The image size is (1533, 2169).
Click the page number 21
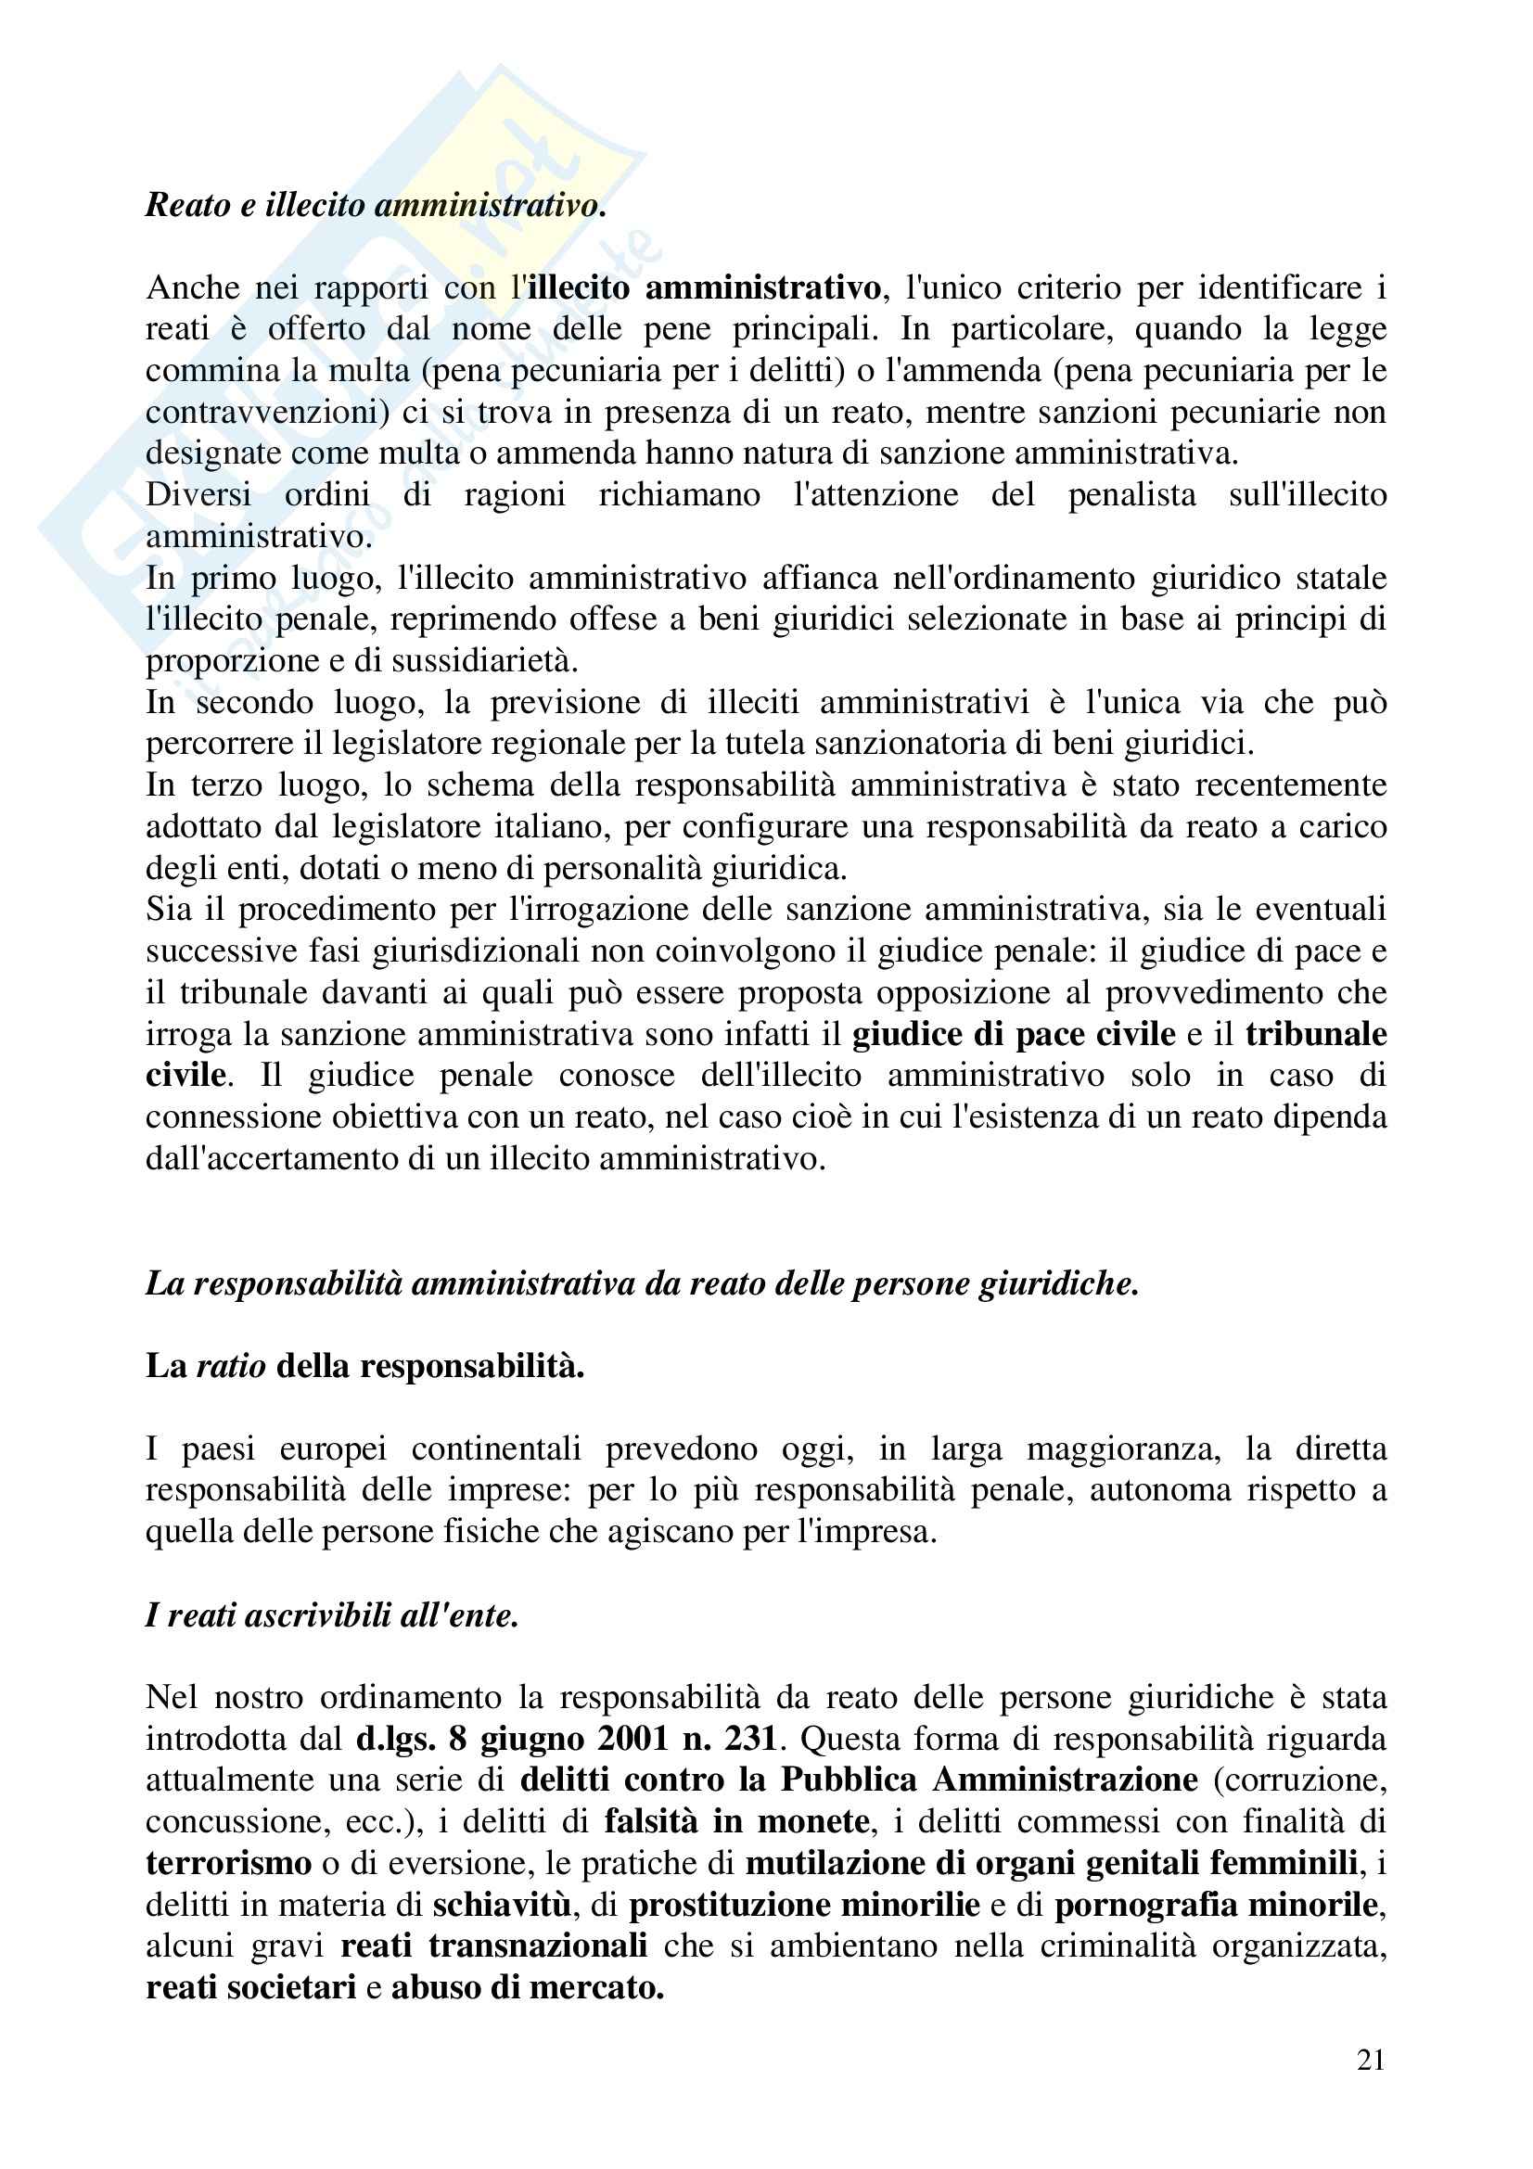point(1370,2060)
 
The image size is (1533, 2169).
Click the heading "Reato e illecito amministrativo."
point(375,205)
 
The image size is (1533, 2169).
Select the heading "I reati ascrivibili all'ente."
point(333,1615)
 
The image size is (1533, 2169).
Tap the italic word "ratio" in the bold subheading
point(231,1366)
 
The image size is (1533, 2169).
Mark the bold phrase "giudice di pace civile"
point(1014,1035)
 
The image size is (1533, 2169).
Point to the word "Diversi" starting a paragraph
point(198,495)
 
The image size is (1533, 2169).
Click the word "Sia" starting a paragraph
point(168,910)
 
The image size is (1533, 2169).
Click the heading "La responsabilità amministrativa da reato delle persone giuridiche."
point(643,1283)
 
